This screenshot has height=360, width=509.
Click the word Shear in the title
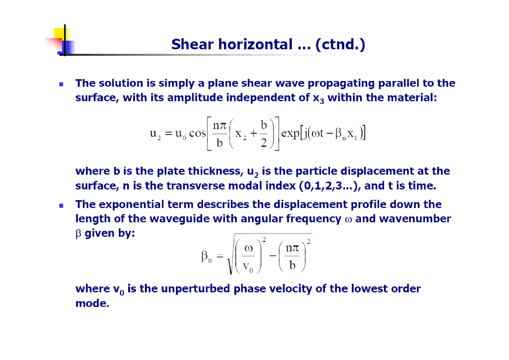pos(193,44)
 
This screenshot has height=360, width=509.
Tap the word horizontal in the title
pos(256,44)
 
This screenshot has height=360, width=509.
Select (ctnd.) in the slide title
pos(340,44)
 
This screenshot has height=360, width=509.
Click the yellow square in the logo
pos(59,33)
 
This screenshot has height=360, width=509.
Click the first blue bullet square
pos(61,84)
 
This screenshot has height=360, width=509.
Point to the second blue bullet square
pos(61,206)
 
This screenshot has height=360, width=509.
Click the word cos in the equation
pos(197,133)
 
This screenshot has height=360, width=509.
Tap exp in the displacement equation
pos(291,133)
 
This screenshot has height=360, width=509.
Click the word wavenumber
pos(415,219)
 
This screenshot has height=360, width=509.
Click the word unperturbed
pos(195,289)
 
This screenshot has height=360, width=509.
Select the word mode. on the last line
pos(92,304)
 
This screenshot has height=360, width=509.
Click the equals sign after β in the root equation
pos(220,256)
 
